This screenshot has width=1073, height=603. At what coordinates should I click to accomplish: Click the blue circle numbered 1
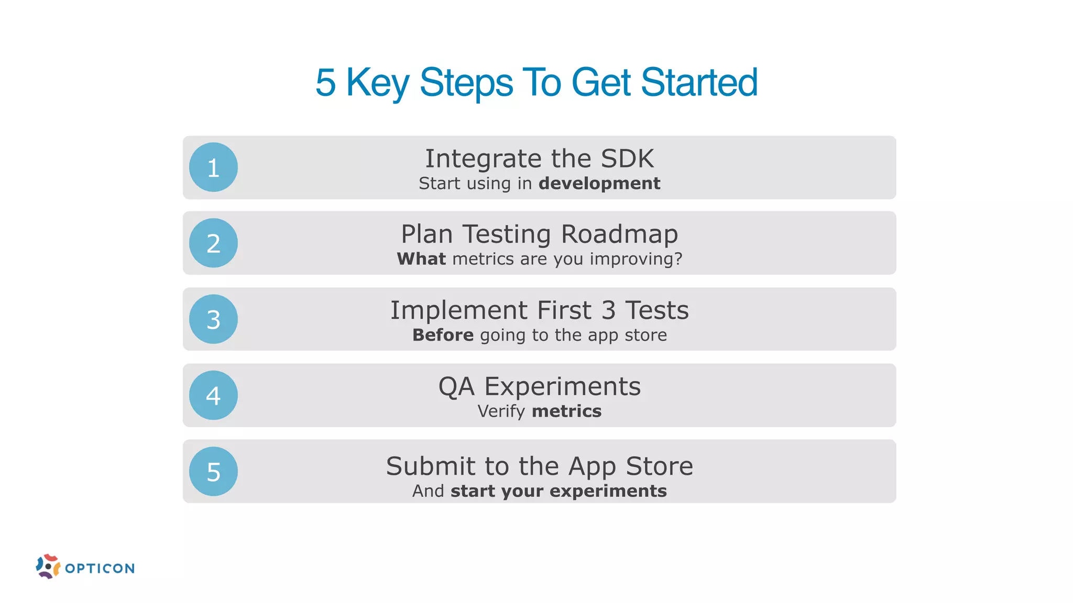pos(213,167)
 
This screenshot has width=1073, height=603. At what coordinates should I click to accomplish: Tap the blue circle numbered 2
pos(213,243)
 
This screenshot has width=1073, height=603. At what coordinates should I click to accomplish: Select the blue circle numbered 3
pos(213,319)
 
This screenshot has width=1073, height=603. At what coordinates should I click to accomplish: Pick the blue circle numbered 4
pos(213,395)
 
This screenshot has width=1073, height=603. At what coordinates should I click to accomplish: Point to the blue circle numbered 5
pos(213,472)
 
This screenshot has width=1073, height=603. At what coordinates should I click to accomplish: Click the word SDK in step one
pos(627,159)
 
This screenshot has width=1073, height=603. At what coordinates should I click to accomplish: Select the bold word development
pos(599,184)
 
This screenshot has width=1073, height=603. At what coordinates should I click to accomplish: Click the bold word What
pos(421,259)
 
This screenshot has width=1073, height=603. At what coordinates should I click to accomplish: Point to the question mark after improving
pos(678,259)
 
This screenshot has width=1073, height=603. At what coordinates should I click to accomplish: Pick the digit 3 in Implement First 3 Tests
pos(608,310)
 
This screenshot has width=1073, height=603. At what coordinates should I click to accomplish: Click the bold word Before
pos(443,335)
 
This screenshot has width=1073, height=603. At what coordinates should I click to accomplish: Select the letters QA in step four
pos(456,387)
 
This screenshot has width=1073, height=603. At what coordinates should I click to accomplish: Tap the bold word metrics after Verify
pos(566,411)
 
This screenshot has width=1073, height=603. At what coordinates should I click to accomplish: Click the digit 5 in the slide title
pos(325,83)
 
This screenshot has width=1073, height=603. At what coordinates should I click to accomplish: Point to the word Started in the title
pos(699,83)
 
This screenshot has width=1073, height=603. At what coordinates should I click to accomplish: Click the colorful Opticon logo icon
pos(48,566)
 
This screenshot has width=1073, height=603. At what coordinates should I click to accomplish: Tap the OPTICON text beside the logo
pos(100,568)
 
